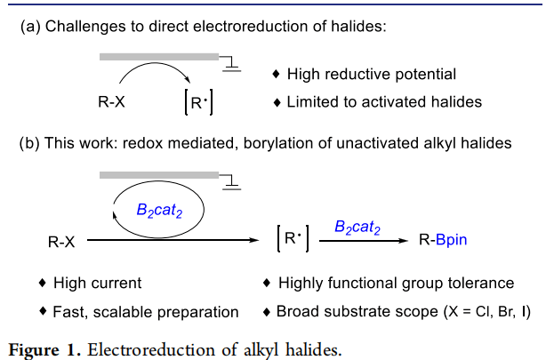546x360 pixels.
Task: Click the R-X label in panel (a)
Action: (111, 102)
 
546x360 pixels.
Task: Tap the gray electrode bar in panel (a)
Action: (159, 57)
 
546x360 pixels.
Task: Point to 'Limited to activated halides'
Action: (383, 102)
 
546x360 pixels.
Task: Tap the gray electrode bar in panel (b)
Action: (159, 177)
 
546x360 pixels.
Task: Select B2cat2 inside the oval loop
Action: (160, 211)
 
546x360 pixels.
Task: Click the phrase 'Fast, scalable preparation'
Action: (146, 312)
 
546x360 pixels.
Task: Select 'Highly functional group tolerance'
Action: (396, 284)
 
